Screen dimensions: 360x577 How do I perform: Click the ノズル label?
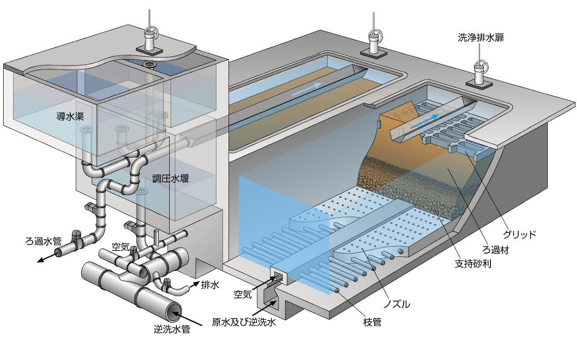click(396, 304)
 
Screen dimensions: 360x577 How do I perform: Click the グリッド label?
click(518, 234)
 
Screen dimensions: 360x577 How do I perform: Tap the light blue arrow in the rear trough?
click(307, 88)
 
